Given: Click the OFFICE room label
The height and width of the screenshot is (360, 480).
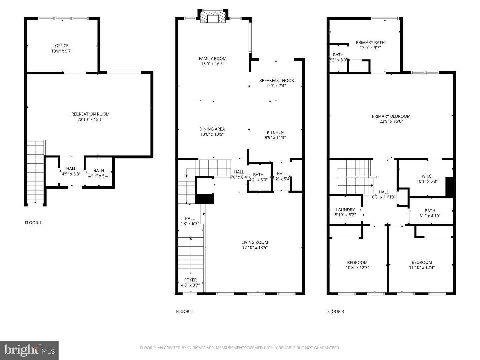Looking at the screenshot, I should pos(62,46).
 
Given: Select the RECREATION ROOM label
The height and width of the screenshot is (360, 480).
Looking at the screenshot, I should pos(90,114).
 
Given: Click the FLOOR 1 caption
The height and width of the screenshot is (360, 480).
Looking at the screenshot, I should pos(33,223).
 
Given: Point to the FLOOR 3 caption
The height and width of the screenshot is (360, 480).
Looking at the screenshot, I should pos(335,311).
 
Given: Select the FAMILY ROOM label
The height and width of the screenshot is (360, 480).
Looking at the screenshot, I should pos(212,58).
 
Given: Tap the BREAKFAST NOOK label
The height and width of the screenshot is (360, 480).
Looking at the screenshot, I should pos(277,80).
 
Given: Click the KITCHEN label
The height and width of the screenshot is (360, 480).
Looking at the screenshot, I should pos(275,132).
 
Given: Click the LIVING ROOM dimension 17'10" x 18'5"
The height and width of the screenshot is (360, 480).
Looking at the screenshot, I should pos(255,248).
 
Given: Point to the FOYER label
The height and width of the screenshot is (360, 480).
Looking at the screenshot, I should pos(190,280).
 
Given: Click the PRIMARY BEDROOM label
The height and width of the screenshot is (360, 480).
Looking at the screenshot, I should pos(391,116).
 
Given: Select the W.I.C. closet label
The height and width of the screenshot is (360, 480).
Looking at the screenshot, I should pos(427,176).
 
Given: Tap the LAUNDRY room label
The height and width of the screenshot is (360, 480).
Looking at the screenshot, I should pos(345,210).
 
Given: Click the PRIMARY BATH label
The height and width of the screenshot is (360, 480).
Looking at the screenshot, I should pos(370,42).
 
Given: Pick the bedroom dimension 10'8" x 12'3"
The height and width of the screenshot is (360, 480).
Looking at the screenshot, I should pos(357,268).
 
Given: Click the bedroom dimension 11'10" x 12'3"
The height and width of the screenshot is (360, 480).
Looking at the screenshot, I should pos(422,268).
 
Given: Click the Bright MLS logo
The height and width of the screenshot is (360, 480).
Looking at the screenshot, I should pos(29,350).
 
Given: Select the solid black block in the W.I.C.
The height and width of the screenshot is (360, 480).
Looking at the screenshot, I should pos(450,187).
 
